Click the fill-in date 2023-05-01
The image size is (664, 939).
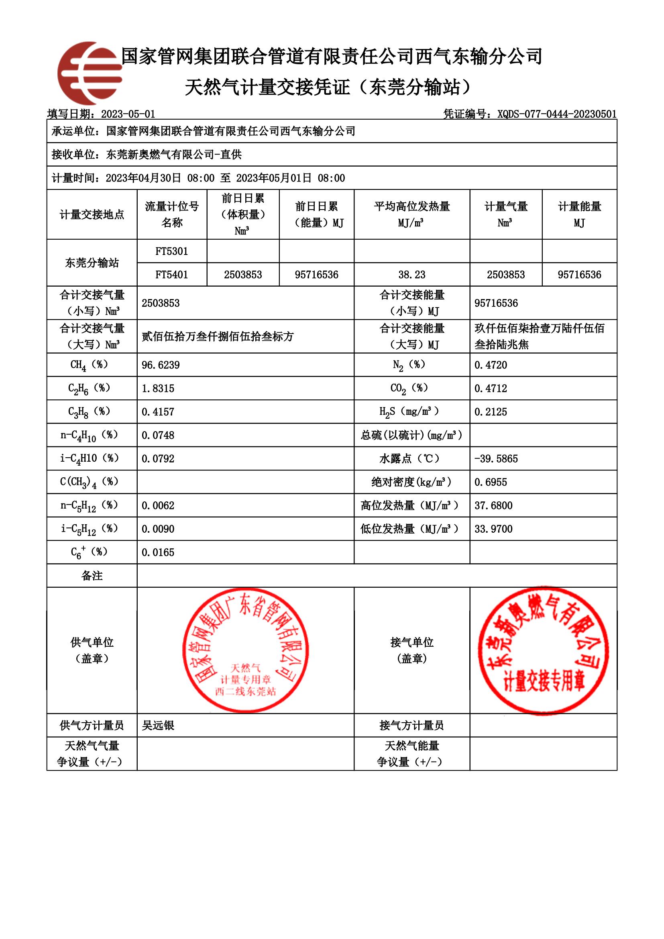coord(128,114)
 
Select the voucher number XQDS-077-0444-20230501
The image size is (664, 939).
coord(556,114)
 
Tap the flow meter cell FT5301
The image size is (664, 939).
coord(172,251)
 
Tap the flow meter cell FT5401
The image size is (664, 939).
coord(172,275)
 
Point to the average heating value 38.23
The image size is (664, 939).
coord(412,275)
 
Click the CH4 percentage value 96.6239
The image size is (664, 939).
coord(161,365)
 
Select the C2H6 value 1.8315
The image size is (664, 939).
coord(158,388)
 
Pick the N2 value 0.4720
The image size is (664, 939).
coord(491,365)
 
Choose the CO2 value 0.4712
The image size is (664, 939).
coord(491,388)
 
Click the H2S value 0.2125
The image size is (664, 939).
coord(491,412)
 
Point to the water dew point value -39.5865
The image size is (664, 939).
coord(496,459)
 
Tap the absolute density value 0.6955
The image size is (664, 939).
coord(491,482)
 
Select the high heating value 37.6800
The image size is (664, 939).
coord(493,505)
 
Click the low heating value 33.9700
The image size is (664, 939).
coord(493,529)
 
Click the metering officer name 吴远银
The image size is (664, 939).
coord(158,725)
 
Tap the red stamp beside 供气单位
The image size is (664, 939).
coord(245,650)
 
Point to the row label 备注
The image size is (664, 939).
coord(92,576)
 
